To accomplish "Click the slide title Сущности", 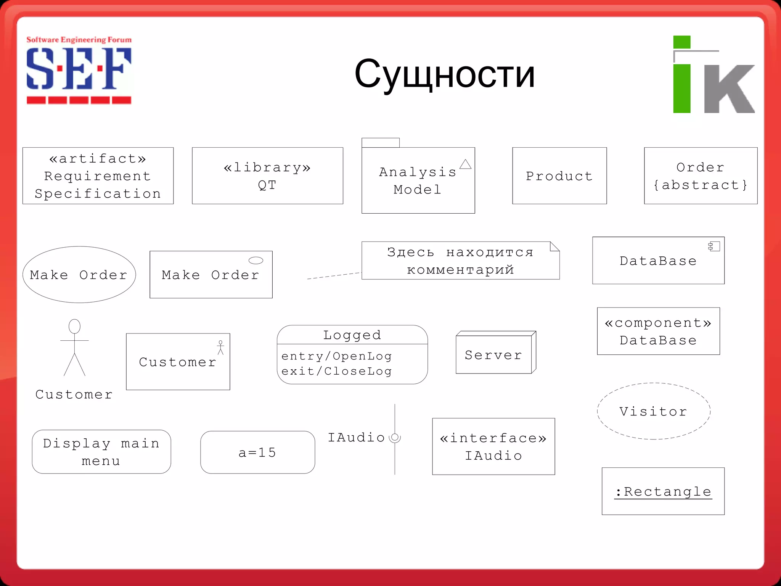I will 444,74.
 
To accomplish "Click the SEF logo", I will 79,71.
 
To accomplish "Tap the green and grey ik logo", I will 713,75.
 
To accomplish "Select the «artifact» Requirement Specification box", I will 98,176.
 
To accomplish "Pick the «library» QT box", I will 267,176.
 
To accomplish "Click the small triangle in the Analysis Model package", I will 465,164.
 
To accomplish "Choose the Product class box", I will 559,176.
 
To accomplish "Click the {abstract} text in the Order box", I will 700,185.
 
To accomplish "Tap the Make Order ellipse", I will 79,275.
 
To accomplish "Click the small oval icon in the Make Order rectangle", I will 256,261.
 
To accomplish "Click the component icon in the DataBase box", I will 714,246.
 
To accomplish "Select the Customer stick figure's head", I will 74,327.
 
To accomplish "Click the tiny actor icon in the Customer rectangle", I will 220,347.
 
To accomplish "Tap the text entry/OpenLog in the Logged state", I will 336,356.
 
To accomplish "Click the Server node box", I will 494,354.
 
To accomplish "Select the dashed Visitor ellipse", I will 653,411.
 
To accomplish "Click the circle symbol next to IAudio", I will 395,438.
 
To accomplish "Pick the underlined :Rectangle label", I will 663,492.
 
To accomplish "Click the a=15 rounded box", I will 257,452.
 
